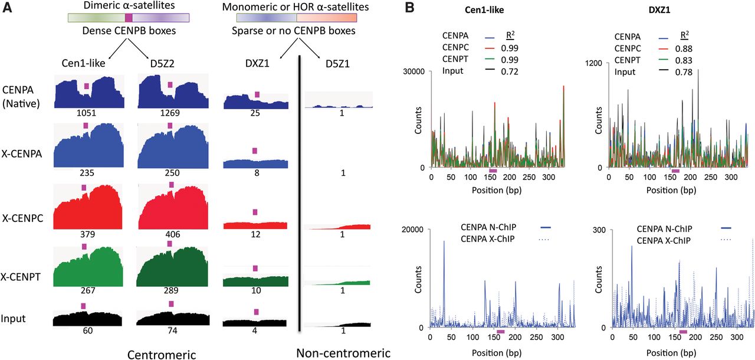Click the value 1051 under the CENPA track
click(x=87, y=113)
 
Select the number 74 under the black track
click(x=171, y=331)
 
